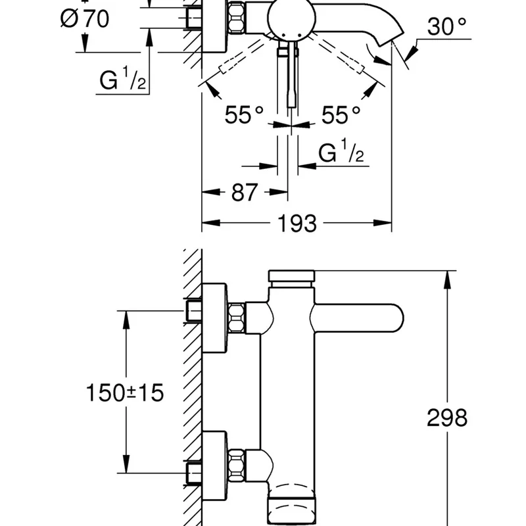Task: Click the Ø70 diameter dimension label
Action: [x=85, y=18]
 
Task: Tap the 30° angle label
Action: [x=446, y=28]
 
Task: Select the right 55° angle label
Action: [x=341, y=115]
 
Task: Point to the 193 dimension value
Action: [x=296, y=224]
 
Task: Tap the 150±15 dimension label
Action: [x=125, y=393]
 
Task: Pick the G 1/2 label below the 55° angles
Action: [x=341, y=153]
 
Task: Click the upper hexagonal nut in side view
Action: [x=236, y=318]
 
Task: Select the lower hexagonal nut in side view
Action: [x=236, y=464]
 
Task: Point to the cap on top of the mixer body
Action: [x=291, y=278]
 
